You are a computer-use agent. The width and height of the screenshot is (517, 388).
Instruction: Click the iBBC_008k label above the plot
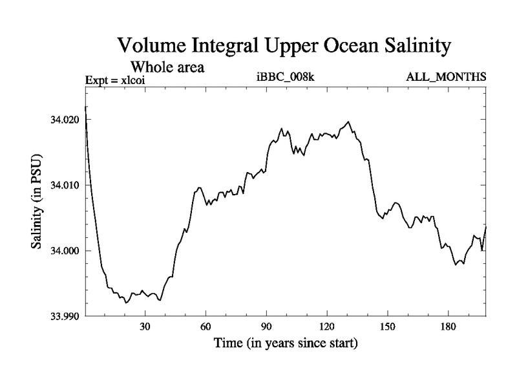tap(285, 78)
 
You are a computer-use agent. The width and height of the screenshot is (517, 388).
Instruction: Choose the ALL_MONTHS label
tap(446, 78)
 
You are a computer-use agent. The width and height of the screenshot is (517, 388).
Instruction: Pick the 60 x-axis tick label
tap(206, 327)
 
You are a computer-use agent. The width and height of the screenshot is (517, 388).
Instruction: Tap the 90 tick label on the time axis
tap(266, 327)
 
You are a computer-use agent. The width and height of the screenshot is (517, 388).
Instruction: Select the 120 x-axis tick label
tap(327, 327)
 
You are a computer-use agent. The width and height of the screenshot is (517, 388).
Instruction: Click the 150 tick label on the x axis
tap(387, 327)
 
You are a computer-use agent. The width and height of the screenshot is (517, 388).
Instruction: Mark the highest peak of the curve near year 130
tap(348, 122)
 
